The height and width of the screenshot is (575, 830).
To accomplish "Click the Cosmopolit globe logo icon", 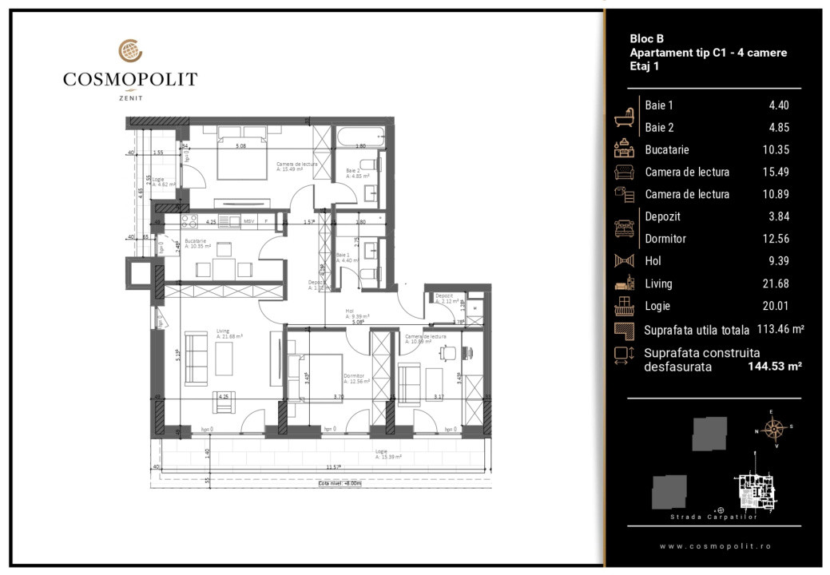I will [130, 51].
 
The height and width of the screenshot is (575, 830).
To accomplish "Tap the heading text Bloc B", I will [646, 38].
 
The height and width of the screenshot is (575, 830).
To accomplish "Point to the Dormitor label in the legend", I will [665, 239].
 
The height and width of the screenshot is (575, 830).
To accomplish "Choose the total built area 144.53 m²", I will [775, 367].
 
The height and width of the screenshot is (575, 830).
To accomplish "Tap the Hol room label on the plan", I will [349, 310].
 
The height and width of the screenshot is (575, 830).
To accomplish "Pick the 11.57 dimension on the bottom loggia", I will [334, 467].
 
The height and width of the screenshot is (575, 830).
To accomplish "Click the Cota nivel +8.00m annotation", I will [340, 483].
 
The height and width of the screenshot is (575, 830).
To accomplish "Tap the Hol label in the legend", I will [653, 261].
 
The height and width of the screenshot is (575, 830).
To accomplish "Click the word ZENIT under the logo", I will [130, 97].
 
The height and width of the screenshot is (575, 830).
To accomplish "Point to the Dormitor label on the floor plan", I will [354, 375].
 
